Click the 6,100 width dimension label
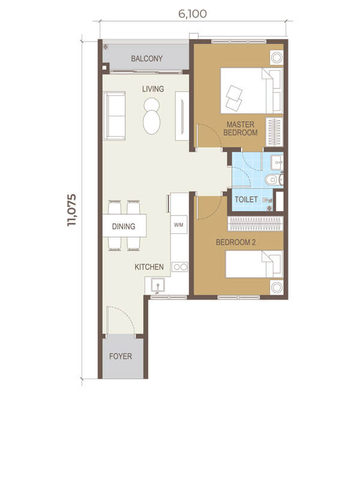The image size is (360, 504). (x=192, y=13)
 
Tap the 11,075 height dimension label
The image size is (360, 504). (x=74, y=209)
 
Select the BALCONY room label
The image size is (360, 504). (x=147, y=59)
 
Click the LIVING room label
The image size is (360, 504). (x=153, y=89)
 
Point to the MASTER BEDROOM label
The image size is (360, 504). (x=242, y=128)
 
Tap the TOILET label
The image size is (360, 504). (x=246, y=199)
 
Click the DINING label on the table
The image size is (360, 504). (x=128, y=227)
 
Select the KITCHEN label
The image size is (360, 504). (x=149, y=267)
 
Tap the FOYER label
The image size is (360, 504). (x=121, y=356)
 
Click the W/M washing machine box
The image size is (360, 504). (x=179, y=225)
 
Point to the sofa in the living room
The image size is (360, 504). (x=114, y=115)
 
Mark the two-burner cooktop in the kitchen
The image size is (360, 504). (x=179, y=267)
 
